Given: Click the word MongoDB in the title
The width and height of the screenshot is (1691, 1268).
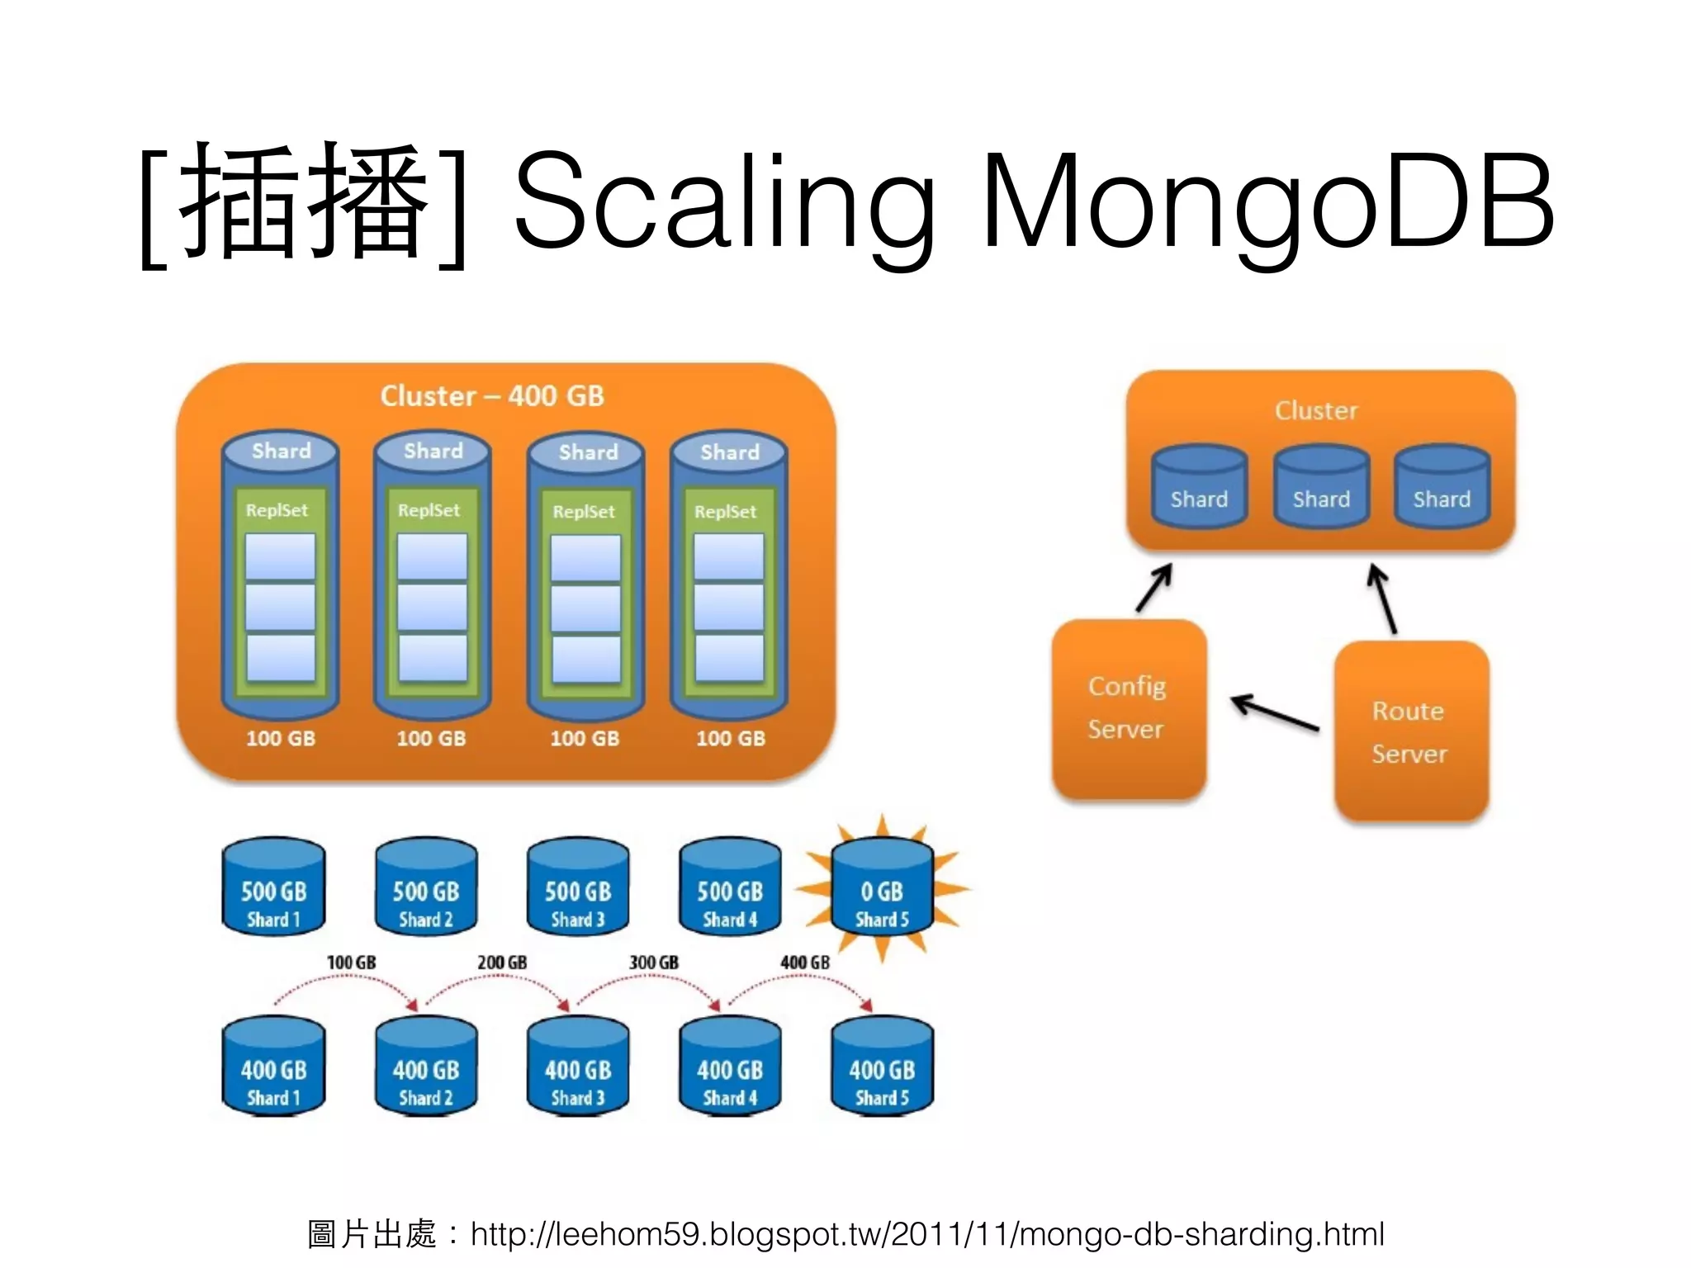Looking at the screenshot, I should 1267,202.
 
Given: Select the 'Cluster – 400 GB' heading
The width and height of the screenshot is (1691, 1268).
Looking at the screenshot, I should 492,396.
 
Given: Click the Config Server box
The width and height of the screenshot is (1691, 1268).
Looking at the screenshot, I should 1128,708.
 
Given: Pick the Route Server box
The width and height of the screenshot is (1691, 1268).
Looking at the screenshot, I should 1410,731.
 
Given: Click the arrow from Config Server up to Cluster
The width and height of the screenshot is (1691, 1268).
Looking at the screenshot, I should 1154,588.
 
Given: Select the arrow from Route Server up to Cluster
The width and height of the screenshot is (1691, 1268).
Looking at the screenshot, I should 1382,598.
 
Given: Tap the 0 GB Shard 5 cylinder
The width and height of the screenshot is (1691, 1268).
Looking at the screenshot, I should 882,888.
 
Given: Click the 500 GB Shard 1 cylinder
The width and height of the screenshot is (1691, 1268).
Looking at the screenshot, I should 273,888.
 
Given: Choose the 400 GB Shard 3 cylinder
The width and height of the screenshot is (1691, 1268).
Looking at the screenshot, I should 578,1067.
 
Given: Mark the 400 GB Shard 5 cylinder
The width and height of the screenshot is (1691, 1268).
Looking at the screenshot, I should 882,1067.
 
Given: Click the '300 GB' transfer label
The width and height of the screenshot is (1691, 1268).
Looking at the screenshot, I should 654,963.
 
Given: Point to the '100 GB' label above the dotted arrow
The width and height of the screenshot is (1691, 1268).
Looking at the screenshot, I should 351,963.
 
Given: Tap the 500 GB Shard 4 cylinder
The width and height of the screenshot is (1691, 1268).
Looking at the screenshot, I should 730,888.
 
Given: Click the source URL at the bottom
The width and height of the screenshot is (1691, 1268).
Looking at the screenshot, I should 926,1234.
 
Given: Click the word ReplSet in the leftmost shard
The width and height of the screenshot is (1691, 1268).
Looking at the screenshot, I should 277,510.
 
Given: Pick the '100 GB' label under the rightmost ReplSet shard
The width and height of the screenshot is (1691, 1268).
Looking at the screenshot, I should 731,738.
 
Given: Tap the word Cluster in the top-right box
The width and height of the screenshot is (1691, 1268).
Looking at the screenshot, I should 1316,411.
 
